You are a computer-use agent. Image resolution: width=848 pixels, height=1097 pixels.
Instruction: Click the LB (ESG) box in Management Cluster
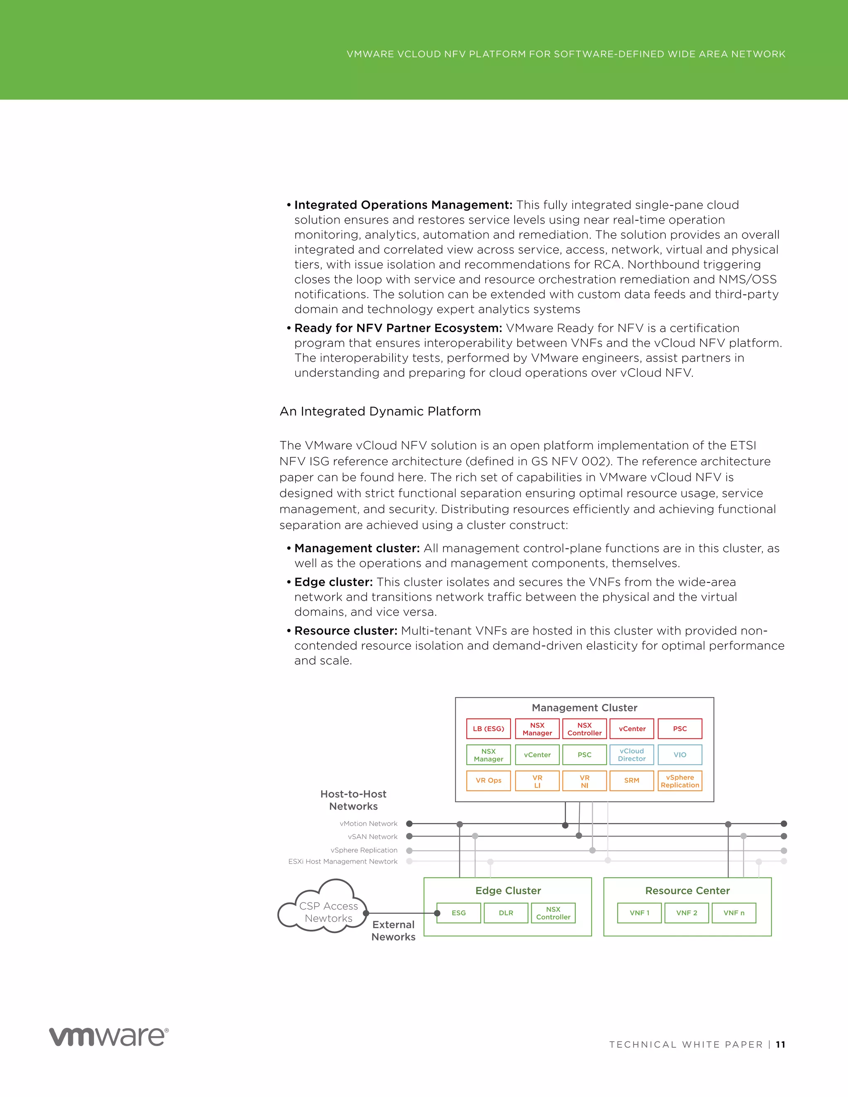click(x=488, y=729)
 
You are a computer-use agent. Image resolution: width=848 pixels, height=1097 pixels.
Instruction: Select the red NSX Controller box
click(x=584, y=729)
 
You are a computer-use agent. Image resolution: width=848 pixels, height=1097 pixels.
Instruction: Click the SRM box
click(x=631, y=781)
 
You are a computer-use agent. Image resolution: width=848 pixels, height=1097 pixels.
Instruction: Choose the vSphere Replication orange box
click(x=680, y=781)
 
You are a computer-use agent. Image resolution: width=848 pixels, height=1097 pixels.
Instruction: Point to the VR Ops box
click(x=488, y=781)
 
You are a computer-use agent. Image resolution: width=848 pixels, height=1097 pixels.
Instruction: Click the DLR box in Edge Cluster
click(x=506, y=913)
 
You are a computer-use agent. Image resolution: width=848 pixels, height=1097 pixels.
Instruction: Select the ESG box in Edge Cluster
click(x=459, y=913)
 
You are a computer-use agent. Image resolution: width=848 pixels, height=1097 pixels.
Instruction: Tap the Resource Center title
click(x=687, y=890)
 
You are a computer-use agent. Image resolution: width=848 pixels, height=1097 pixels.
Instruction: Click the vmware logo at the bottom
click(x=108, y=1036)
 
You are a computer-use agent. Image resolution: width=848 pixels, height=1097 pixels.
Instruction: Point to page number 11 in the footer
click(x=780, y=1045)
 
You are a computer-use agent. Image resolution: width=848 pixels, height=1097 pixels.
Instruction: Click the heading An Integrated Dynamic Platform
click(x=380, y=411)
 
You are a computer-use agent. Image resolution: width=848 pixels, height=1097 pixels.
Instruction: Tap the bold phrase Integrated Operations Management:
click(x=403, y=205)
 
